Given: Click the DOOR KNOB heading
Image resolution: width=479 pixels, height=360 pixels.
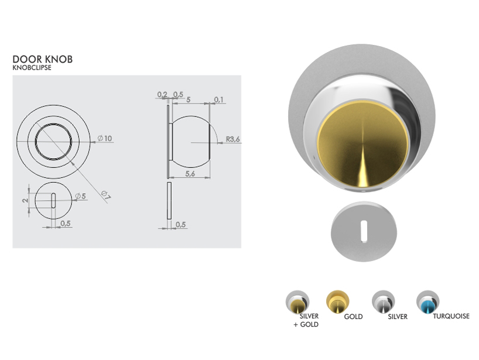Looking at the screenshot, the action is point(43,59).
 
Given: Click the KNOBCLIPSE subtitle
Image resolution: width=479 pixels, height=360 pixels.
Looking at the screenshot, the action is point(32,68).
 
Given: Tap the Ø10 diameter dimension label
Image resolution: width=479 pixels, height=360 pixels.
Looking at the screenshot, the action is point(105,139).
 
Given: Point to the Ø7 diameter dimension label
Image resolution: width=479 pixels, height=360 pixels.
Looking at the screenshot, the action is point(105,196).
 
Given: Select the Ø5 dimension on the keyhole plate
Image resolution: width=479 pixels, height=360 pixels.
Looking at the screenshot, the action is point(81,196).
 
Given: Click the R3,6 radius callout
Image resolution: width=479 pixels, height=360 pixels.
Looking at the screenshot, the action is point(233,139).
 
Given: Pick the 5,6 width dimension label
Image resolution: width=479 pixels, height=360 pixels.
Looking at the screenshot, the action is point(190,174).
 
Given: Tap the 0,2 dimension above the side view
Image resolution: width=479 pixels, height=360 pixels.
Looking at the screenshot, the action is point(162,95).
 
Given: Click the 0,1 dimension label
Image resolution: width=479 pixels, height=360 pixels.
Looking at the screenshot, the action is point(218,100).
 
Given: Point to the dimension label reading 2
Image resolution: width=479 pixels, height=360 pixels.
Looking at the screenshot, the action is point(25,200).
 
